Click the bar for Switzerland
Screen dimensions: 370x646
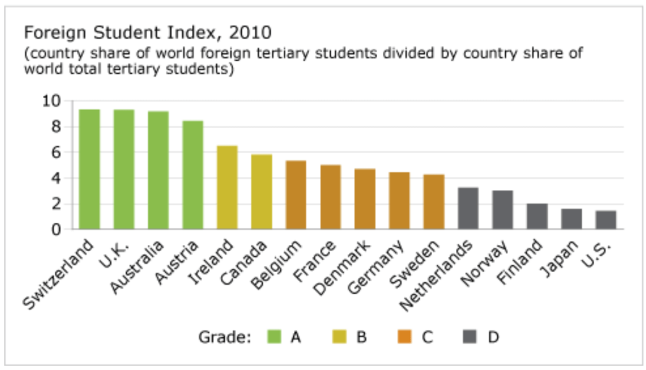click(90, 169)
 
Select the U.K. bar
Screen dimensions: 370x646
click(124, 169)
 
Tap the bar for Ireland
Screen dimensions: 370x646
click(227, 188)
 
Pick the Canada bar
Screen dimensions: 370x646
click(262, 192)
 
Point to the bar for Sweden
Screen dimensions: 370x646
click(434, 202)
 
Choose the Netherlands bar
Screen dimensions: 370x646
click(468, 208)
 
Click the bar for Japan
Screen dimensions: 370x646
click(572, 219)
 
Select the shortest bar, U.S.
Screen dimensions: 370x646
click(606, 220)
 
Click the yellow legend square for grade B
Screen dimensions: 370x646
click(339, 337)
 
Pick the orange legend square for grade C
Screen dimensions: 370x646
click(405, 337)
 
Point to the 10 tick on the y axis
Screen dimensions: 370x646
click(52, 101)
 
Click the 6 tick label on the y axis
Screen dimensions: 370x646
click(56, 152)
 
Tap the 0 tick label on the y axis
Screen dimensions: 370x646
click(56, 230)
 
